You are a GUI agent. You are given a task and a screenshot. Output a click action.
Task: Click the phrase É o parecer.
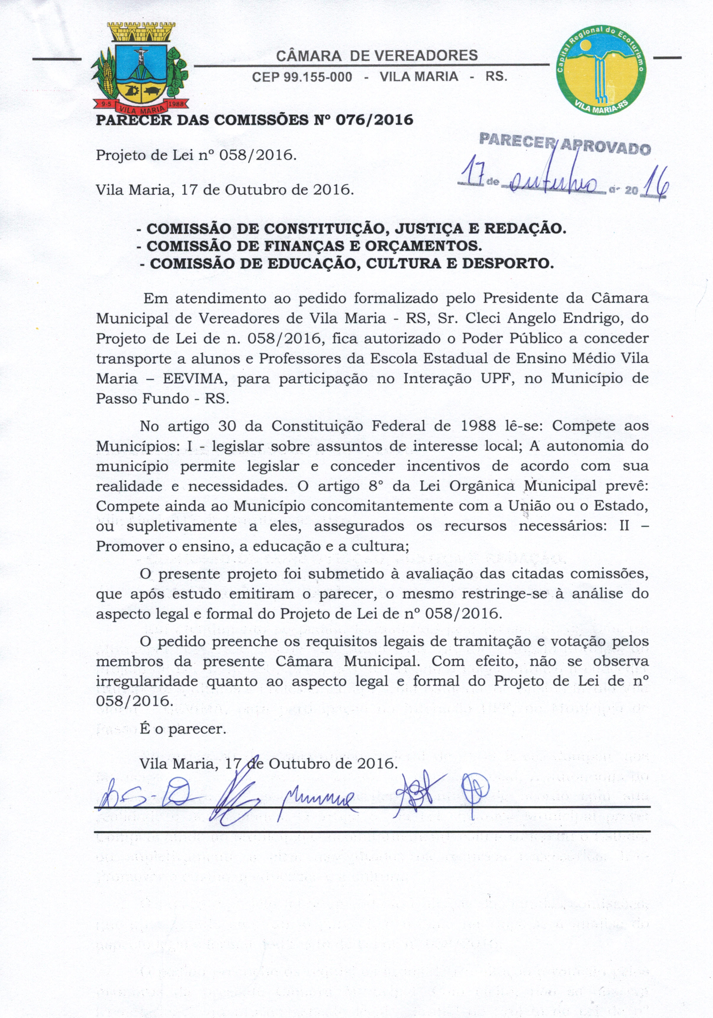[x=183, y=729]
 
